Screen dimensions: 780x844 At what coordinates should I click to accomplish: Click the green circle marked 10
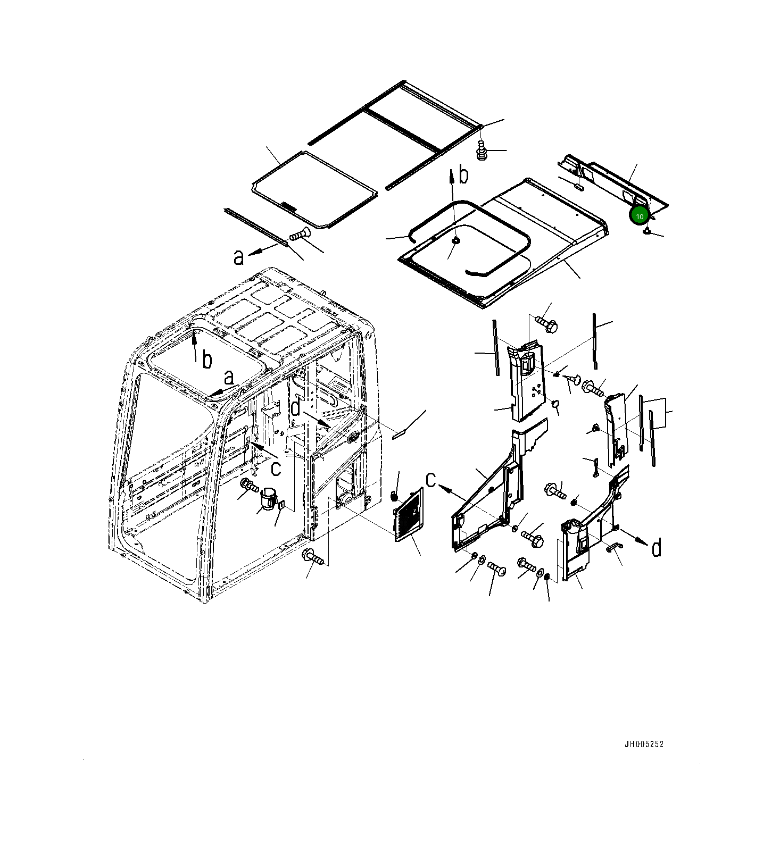click(x=639, y=216)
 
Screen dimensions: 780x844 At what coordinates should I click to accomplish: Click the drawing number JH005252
click(x=644, y=744)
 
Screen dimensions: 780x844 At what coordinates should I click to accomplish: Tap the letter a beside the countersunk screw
click(x=239, y=257)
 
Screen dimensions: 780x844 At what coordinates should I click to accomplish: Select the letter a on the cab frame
click(x=229, y=378)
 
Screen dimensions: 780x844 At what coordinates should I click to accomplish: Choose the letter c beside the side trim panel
click(x=432, y=480)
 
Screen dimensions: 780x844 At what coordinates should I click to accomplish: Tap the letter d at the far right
click(x=657, y=547)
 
